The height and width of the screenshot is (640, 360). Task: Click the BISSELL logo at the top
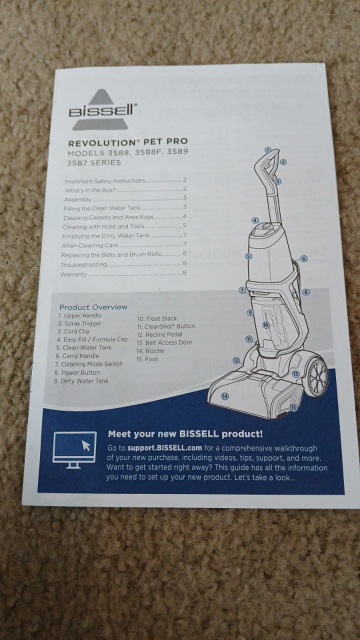click(x=103, y=109)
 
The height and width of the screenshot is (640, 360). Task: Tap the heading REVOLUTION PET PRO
click(x=128, y=141)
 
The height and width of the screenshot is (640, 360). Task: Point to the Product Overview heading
click(x=93, y=307)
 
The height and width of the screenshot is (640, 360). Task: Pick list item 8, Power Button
click(x=77, y=372)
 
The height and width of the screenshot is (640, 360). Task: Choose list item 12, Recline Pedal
click(x=159, y=334)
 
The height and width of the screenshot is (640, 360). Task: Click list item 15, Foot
click(x=147, y=359)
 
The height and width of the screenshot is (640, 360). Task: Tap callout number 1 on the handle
click(x=267, y=150)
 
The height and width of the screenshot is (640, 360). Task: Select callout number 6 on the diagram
click(x=303, y=259)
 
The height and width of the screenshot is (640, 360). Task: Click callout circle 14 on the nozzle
click(x=225, y=396)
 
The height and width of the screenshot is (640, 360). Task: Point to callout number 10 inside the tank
click(x=265, y=325)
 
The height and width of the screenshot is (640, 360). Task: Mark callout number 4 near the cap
click(x=255, y=220)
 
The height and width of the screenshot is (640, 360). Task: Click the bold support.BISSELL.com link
click(x=164, y=448)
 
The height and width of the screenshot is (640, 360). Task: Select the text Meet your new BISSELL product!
click(x=185, y=434)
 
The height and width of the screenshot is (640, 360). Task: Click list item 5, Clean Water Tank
click(x=83, y=347)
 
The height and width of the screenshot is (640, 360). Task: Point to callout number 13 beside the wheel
click(x=295, y=374)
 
